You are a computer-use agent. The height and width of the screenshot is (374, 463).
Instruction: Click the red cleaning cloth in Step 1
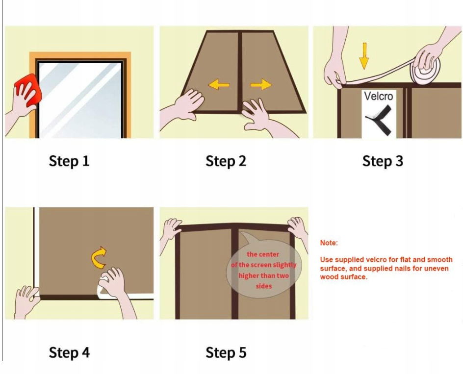coord(29,89)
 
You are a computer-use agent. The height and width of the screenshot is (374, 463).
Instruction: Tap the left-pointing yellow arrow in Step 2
coord(219,85)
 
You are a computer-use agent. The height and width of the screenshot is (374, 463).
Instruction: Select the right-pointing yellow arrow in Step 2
coord(261,85)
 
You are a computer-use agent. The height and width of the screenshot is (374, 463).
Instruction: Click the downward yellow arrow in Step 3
coord(364,56)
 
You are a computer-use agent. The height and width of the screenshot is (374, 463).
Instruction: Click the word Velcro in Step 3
coord(379,96)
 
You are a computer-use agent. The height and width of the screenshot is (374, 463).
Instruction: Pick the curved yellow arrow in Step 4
coord(98,257)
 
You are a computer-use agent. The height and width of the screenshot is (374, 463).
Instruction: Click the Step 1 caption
coord(69,161)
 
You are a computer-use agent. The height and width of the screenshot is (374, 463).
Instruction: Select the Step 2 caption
coord(226,161)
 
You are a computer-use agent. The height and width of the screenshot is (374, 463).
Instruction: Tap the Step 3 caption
coord(383,161)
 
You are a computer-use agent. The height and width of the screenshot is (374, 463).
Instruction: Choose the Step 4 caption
coord(69,352)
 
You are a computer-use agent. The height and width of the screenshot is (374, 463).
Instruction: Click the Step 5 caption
coord(226,352)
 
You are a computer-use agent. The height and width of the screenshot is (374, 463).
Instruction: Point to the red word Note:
coord(329,243)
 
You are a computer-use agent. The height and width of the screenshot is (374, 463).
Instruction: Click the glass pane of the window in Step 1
coord(80,100)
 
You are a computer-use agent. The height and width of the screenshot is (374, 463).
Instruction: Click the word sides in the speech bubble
coord(263,286)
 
